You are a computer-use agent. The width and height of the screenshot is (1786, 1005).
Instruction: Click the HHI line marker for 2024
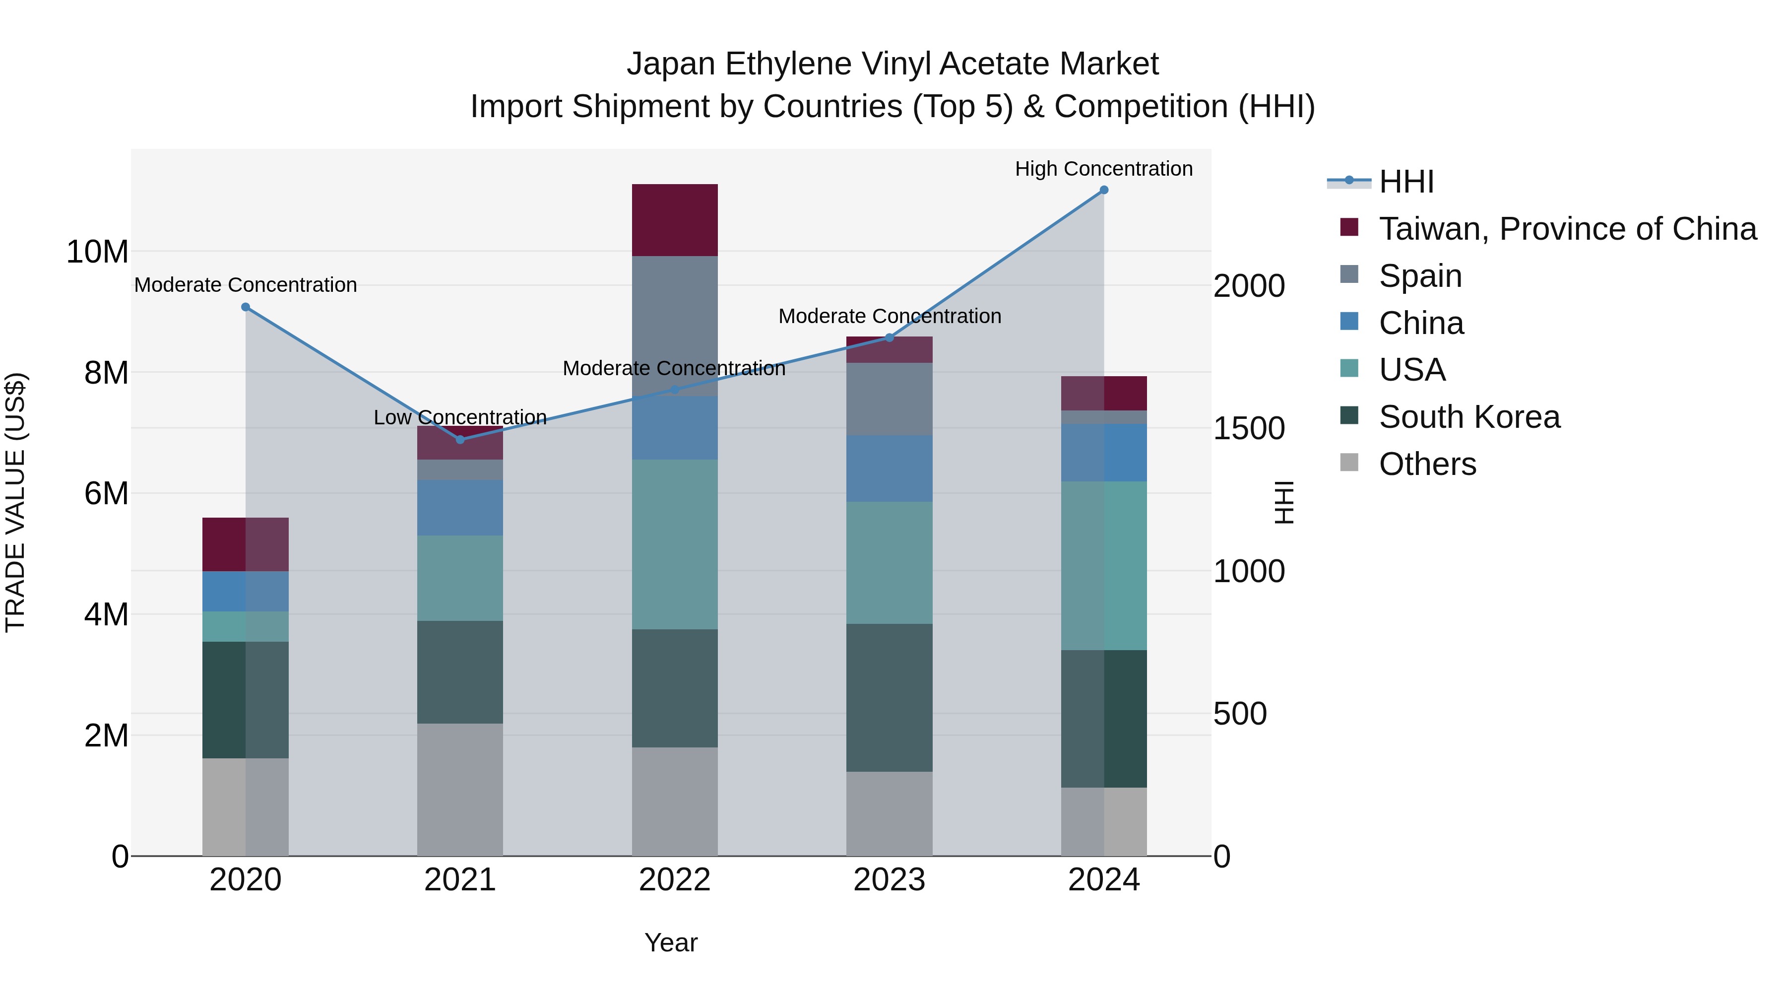click(1104, 190)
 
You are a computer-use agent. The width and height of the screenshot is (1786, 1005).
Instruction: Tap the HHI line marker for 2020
click(246, 307)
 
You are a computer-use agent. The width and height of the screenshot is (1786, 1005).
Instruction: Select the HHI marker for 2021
click(460, 440)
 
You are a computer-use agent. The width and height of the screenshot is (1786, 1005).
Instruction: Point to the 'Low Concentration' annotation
click(460, 417)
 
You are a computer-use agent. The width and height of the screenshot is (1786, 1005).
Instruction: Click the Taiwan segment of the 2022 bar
click(675, 220)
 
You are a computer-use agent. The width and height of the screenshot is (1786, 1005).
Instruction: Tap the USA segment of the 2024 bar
click(1104, 565)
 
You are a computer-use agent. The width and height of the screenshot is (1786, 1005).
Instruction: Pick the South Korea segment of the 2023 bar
click(890, 697)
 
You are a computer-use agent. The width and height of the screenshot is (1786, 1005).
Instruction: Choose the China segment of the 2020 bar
click(246, 591)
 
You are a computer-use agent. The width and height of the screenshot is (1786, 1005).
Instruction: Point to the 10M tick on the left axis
click(97, 252)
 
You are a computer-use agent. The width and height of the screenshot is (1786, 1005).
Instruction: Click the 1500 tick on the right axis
click(1249, 429)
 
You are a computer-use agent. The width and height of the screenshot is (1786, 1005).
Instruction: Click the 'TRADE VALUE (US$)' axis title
click(16, 502)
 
